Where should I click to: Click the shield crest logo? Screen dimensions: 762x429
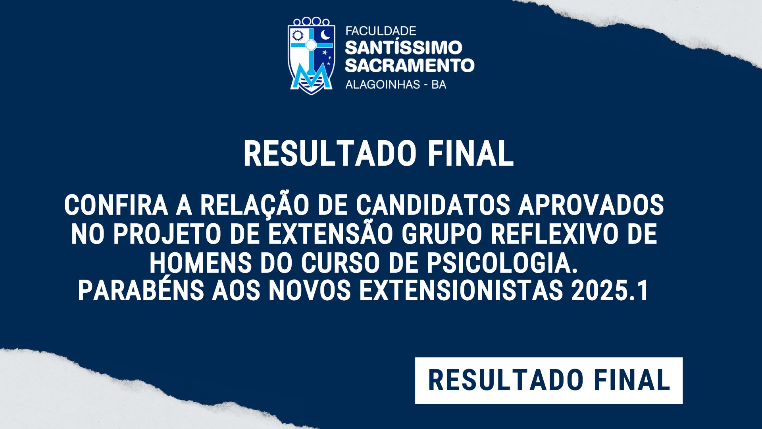click(311, 56)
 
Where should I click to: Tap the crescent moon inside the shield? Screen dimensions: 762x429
click(325, 35)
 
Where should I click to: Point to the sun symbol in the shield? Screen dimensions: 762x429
click(297, 36)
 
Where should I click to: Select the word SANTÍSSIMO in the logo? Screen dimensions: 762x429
click(404, 48)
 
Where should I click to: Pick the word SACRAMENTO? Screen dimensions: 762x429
click(410, 66)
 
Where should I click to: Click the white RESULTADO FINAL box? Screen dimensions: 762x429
click(549, 381)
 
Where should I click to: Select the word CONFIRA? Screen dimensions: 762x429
click(116, 206)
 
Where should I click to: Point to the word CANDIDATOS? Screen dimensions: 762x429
click(433, 206)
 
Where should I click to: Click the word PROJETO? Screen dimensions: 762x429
click(167, 234)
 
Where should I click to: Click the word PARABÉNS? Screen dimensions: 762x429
click(140, 291)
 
